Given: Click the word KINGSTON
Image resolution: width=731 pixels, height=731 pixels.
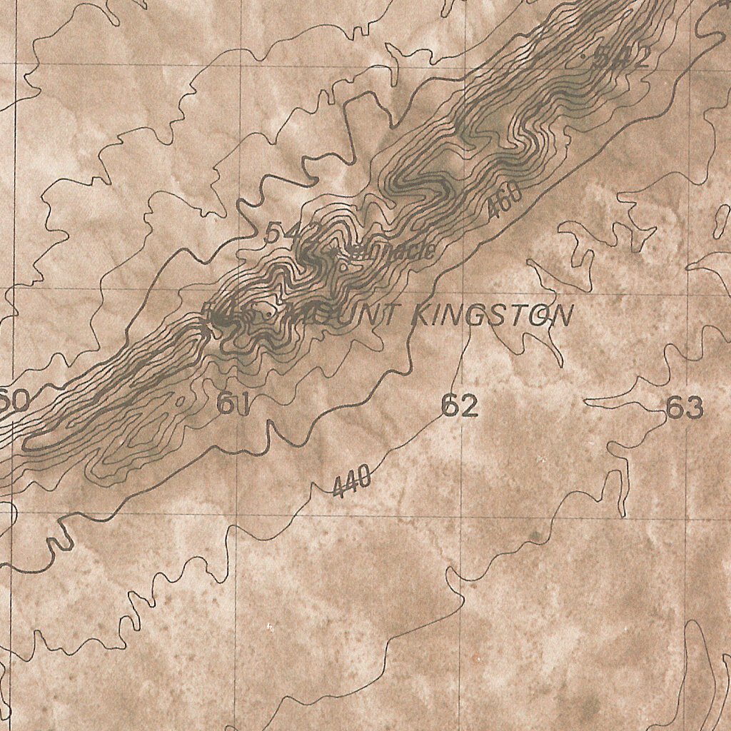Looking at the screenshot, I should tap(493, 316).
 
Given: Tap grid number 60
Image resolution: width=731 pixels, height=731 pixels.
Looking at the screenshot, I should tap(14, 400).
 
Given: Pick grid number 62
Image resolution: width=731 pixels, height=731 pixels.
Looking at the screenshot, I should tap(459, 406).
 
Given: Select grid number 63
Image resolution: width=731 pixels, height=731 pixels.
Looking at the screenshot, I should tap(684, 408).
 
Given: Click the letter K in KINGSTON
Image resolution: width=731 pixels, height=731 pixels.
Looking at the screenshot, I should tap(422, 315).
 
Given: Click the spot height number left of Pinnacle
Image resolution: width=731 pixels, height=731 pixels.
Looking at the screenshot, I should tap(283, 233).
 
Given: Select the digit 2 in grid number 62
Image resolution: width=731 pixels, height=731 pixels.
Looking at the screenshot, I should tap(468, 406).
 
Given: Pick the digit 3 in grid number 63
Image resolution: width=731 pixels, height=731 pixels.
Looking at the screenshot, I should tap(693, 408).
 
